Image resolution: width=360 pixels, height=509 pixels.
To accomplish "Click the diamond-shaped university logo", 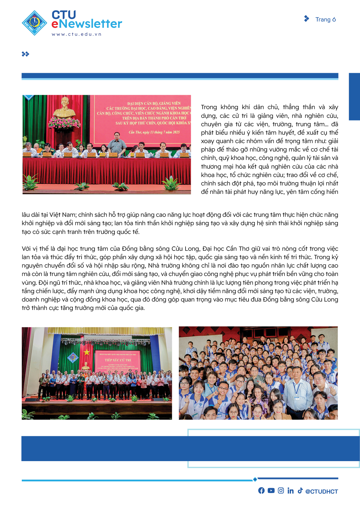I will pyautogui.click(x=34, y=23).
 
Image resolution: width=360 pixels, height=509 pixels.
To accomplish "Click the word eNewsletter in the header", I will pyautogui.click(x=87, y=24).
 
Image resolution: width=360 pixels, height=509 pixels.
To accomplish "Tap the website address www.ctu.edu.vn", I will pyautogui.click(x=77, y=34).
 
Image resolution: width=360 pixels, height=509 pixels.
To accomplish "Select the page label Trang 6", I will pyautogui.click(x=325, y=19).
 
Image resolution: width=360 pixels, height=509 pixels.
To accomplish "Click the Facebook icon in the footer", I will pyautogui.click(x=261, y=490).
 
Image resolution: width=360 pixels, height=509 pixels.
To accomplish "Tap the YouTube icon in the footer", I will pyautogui.click(x=271, y=490).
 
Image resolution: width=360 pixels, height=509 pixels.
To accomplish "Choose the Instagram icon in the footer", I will pyautogui.click(x=281, y=490).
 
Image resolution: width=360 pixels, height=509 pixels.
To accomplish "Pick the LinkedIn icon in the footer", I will pyautogui.click(x=290, y=490).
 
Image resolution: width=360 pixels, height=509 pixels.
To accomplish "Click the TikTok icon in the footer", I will pyautogui.click(x=300, y=490).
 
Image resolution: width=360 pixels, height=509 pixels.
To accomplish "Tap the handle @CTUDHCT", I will pyautogui.click(x=322, y=491).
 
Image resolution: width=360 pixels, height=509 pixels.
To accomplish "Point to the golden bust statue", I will pyautogui.click(x=64, y=107).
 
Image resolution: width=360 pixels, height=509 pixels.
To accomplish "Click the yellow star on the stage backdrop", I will pyautogui.click(x=87, y=352).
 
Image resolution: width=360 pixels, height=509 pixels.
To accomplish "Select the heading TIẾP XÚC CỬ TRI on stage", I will pyautogui.click(x=118, y=360).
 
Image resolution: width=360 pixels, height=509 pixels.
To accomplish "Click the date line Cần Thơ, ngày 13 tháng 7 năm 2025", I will pyautogui.click(x=154, y=132).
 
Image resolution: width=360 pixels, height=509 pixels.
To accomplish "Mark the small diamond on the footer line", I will pyautogui.click(x=255, y=479).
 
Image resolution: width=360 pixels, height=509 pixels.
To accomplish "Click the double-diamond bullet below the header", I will pyautogui.click(x=25, y=54).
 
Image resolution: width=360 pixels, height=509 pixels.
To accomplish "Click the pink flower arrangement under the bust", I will pyautogui.click(x=64, y=123).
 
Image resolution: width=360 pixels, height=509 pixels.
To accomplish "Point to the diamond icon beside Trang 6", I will pyautogui.click(x=307, y=19).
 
